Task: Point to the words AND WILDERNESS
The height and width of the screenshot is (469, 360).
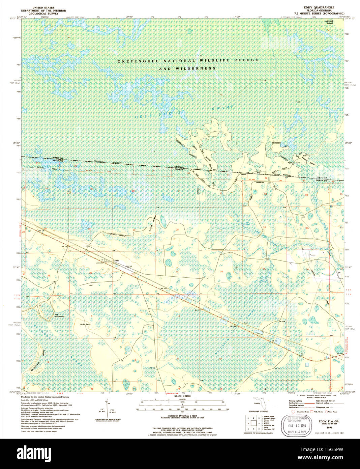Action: coord(187,68)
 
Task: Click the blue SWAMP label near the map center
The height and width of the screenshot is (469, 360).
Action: coord(223,108)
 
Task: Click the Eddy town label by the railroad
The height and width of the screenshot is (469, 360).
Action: coord(117,260)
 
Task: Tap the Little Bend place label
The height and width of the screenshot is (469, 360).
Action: coord(85,324)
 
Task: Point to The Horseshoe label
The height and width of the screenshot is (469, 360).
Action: coord(59,315)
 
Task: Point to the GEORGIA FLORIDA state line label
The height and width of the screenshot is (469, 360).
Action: coord(179,168)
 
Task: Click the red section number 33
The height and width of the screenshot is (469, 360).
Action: coord(177,272)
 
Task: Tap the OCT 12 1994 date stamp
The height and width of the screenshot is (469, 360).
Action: coord(297,426)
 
